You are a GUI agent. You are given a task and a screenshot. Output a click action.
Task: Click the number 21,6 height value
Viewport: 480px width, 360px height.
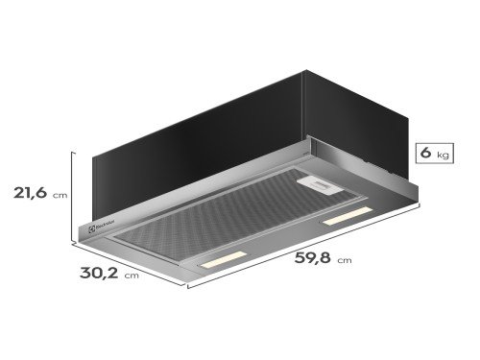(x=29, y=192)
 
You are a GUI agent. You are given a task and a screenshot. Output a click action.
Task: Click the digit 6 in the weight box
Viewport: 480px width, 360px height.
(x=423, y=153)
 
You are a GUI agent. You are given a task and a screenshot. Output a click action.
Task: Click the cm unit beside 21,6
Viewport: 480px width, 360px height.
(x=60, y=195)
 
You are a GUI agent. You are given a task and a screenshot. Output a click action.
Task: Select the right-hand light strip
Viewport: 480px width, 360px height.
(x=348, y=218)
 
